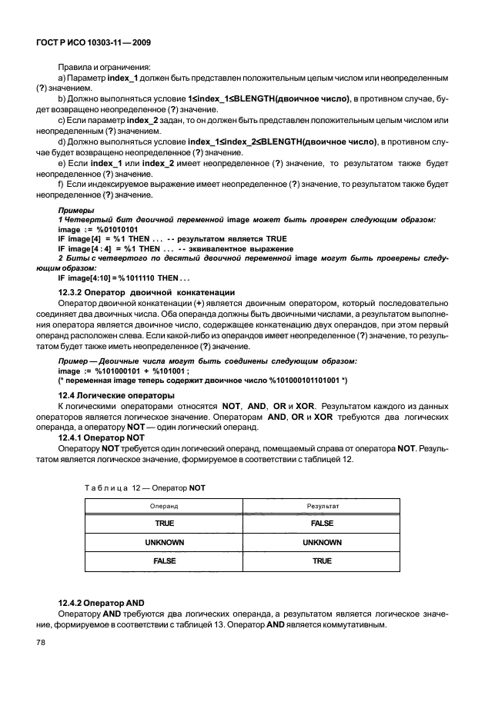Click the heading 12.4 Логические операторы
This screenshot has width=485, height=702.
coord(111,394)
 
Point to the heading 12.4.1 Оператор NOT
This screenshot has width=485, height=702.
coord(102,435)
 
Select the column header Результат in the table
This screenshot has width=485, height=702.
coord(322,507)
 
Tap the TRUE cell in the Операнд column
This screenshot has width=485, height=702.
coord(164,524)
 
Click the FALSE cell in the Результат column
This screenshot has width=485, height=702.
coord(322,524)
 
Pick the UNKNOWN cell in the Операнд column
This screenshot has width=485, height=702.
coord(164,542)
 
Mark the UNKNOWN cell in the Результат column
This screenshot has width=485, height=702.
coord(322,542)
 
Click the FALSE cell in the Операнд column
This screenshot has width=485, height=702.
coord(164,561)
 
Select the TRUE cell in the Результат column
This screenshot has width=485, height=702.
coord(322,561)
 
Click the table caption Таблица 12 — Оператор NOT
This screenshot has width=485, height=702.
coord(144,487)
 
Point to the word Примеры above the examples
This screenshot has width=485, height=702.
coord(76,210)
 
